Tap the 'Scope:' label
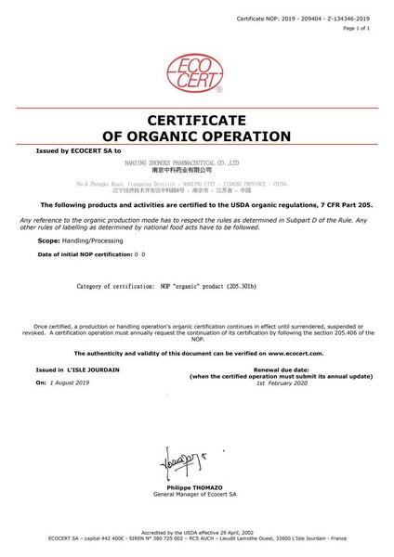click(x=39, y=239)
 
